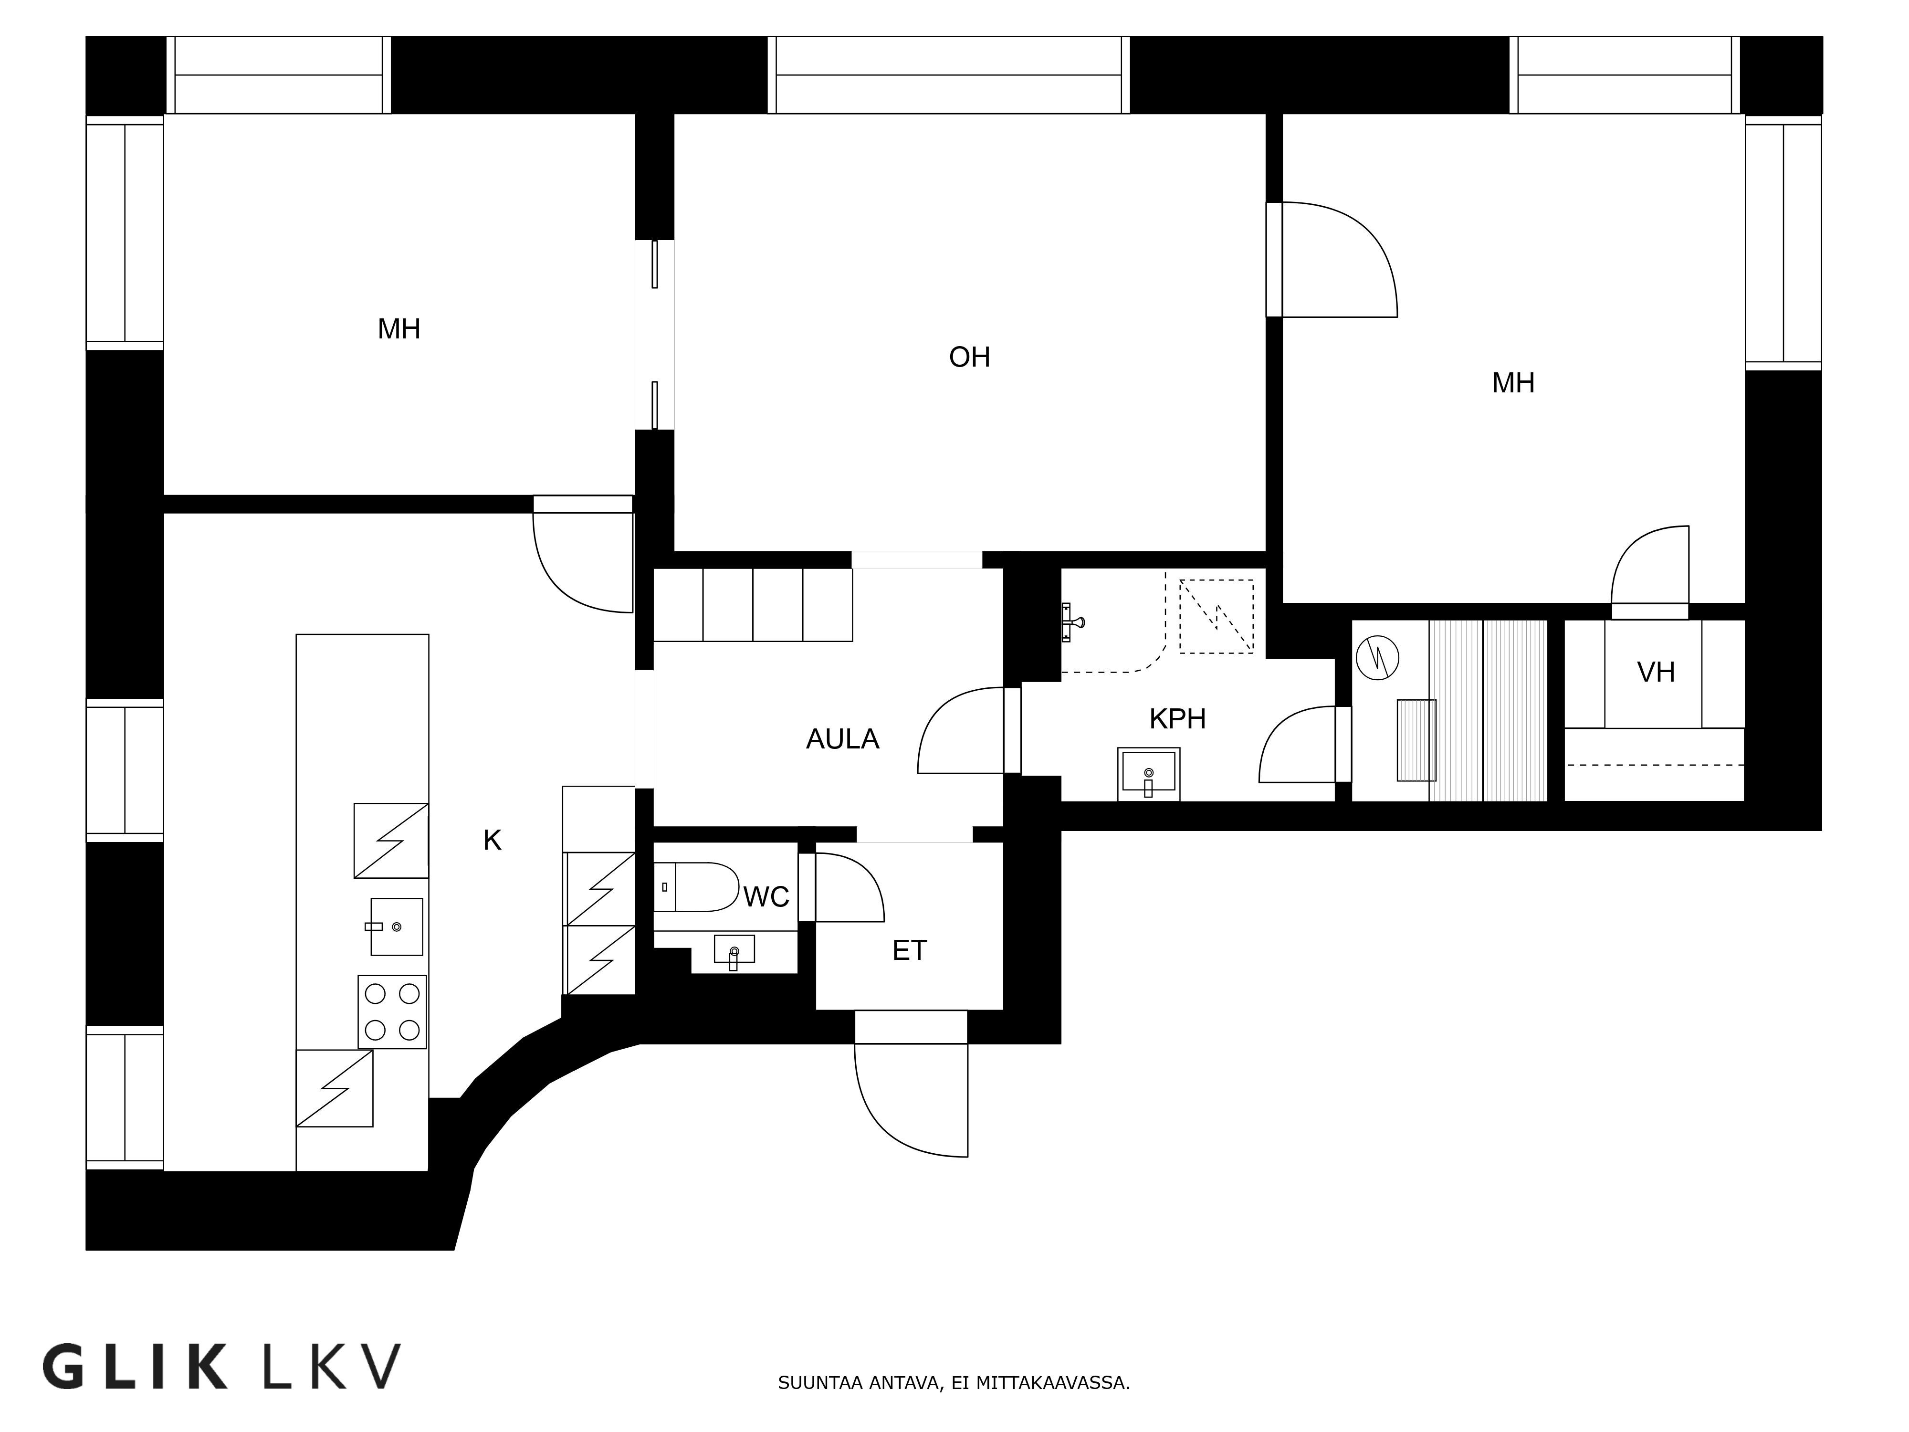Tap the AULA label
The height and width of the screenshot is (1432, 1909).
842,739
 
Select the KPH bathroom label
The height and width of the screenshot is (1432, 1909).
1177,718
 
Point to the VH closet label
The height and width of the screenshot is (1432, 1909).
1655,672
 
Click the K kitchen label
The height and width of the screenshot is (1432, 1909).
492,839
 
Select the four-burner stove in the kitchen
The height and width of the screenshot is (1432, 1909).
392,1011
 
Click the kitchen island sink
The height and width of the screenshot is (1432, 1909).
396,926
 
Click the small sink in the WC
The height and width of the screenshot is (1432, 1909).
734,949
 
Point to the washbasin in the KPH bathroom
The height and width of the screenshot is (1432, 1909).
1148,772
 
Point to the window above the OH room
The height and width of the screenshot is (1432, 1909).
948,75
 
